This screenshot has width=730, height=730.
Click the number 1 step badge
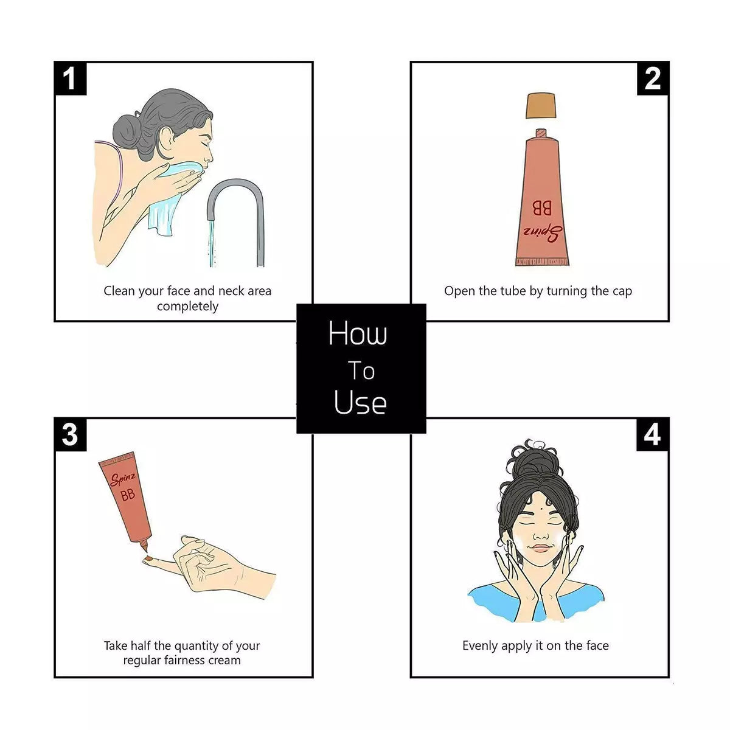(71, 78)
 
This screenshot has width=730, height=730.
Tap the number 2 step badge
(652, 78)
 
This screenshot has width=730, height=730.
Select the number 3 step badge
(71, 434)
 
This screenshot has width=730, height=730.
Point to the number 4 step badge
(652, 434)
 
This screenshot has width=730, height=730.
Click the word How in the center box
(358, 333)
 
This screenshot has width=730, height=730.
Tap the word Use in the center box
(360, 401)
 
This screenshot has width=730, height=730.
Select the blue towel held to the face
(172, 197)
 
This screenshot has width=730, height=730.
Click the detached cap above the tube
(541, 105)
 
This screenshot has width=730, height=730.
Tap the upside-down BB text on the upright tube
(542, 208)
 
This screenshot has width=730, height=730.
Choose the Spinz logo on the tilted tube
(122, 479)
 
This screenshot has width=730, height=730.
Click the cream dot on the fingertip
(149, 558)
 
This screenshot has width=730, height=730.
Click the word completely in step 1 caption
(187, 307)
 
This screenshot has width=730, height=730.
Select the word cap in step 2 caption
(622, 292)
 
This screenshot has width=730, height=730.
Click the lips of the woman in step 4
(541, 548)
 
